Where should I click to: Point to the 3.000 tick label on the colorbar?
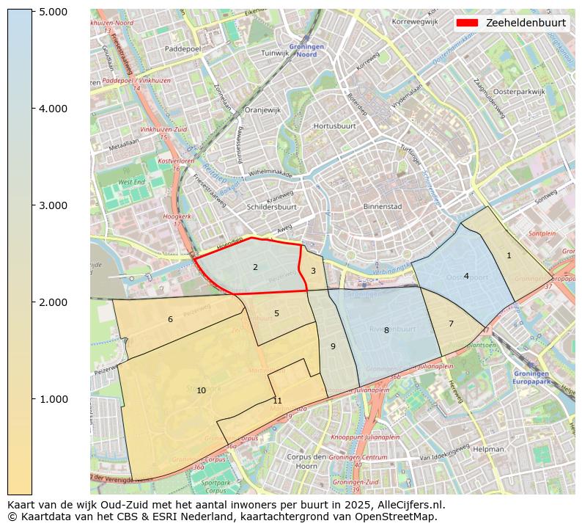pos(54,205)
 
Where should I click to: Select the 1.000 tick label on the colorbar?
pos(54,399)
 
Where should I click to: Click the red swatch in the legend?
pos(467,23)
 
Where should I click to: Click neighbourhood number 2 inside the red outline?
pos(255,267)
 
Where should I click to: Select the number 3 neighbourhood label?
pos(313,271)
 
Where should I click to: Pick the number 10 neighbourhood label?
pos(201,390)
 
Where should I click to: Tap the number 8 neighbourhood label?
pos(386,330)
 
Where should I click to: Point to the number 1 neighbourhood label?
pos(509,255)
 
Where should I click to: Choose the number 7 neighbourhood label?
pos(451,324)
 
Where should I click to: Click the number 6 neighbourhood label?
pos(170,319)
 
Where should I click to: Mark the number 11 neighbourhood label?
pos(277,401)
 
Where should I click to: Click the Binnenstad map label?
pos(383,207)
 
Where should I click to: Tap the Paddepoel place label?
pos(183,48)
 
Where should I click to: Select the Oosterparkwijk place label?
pos(519,92)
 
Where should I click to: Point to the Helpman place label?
pos(488,448)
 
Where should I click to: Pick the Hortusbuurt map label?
pos(334,126)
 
